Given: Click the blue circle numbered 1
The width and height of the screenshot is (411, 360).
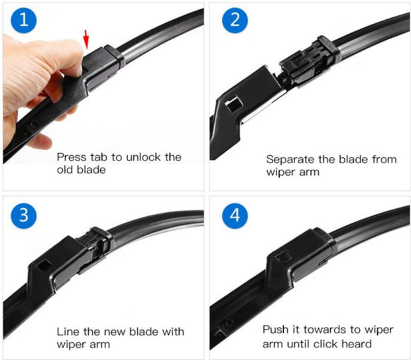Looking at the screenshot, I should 24,21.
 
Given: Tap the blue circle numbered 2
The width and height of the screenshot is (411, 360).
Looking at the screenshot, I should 235,21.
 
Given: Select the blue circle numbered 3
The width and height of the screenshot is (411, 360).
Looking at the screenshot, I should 24,216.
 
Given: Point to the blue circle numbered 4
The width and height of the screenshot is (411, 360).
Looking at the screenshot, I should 235,216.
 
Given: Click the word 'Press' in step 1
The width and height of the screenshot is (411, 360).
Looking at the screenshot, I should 71,157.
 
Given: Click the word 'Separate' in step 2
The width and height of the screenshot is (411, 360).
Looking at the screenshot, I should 290,159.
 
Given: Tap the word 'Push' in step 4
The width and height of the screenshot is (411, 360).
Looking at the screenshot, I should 275,330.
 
